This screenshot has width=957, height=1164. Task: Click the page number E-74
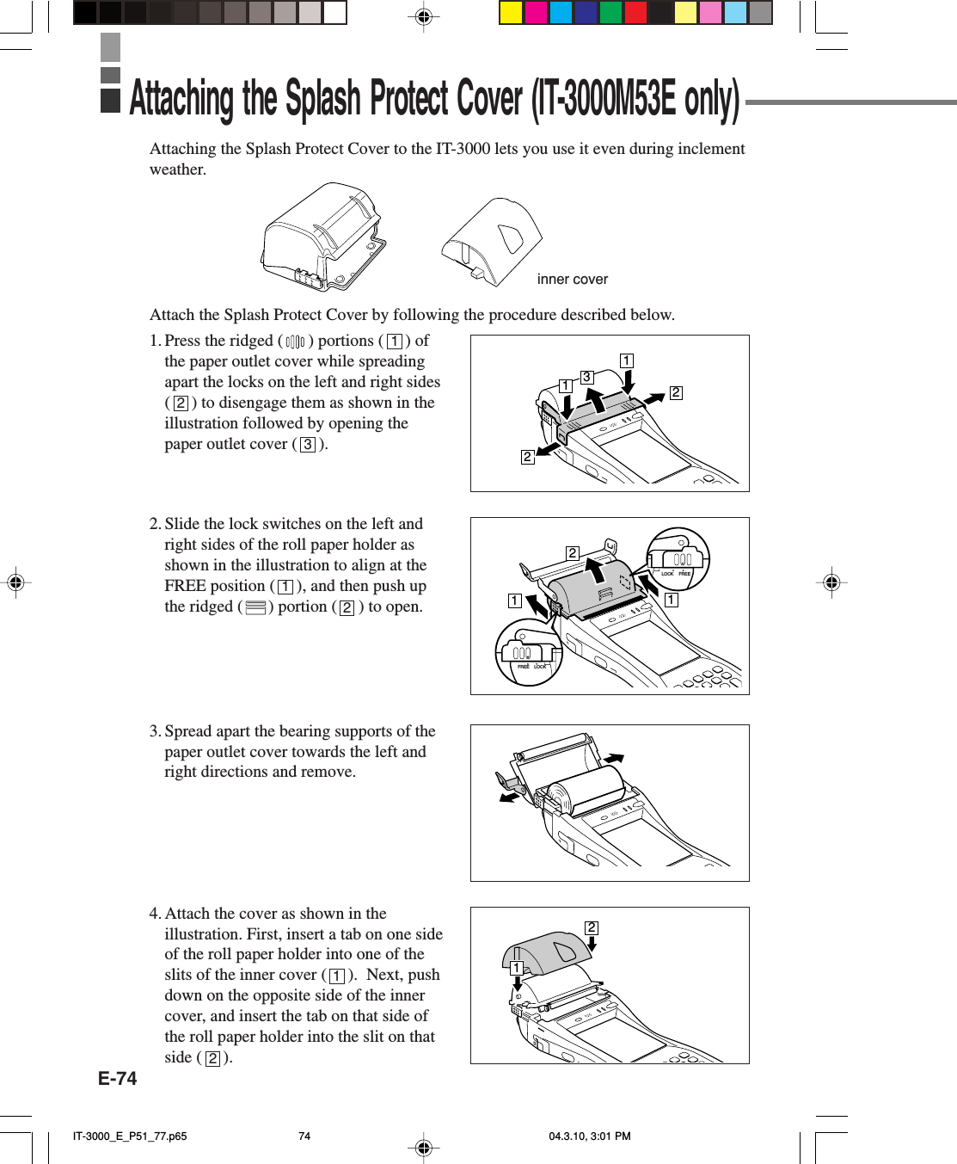117,1079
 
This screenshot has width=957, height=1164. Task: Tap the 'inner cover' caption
572,280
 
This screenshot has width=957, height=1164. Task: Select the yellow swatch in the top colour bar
512,12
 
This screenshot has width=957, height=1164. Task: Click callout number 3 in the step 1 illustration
586,377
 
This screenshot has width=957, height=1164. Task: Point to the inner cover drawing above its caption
493,241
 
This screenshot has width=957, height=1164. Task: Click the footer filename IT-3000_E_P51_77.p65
130,1136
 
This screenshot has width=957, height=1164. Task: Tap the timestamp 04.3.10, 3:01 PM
589,1136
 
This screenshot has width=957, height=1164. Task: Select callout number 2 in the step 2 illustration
572,553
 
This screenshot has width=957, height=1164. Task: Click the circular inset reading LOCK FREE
678,558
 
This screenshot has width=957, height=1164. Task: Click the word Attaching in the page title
181,99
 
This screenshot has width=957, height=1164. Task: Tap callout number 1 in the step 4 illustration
516,969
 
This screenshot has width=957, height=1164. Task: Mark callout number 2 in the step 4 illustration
592,927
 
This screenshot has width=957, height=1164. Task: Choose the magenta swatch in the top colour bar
536,12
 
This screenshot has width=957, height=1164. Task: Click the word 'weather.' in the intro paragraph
178,169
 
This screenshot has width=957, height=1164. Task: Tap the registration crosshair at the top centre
423,16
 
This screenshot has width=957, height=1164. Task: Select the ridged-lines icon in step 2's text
255,607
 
